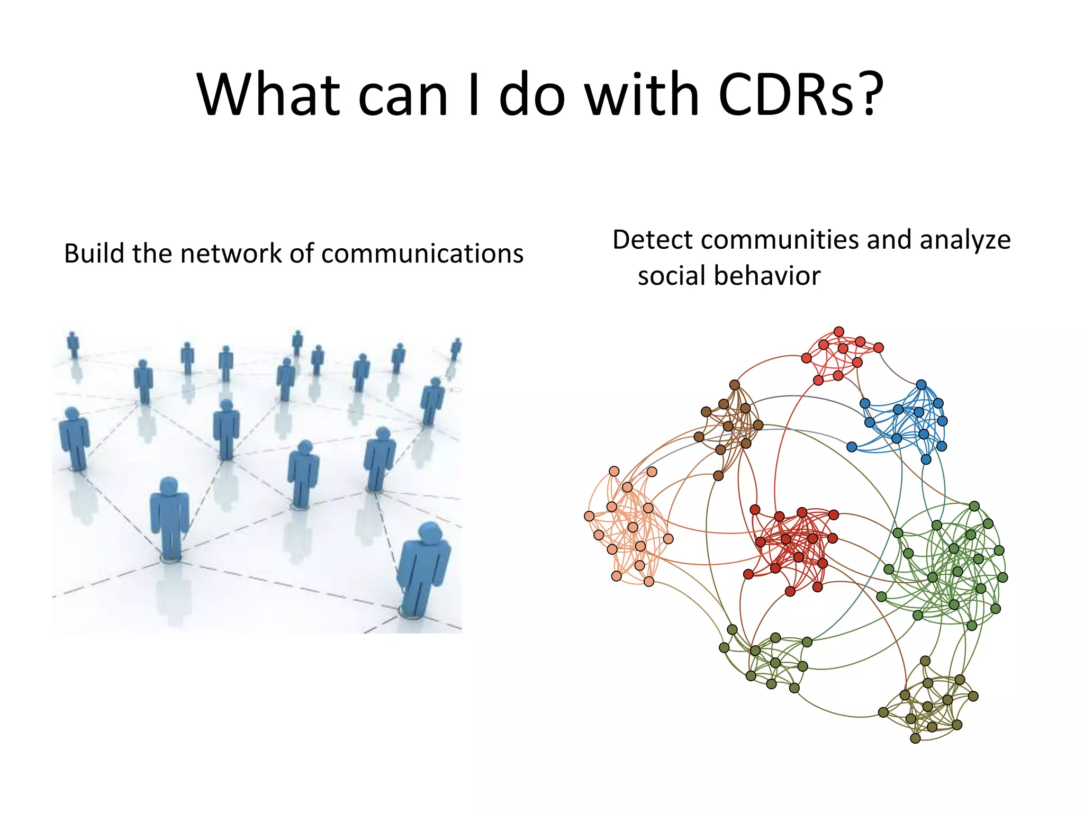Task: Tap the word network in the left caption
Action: (231, 254)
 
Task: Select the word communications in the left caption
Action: (422, 254)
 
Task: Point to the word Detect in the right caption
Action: (653, 240)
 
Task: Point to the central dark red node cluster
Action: (794, 548)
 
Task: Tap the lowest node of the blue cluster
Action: (926, 459)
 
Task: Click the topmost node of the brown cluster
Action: (735, 385)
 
